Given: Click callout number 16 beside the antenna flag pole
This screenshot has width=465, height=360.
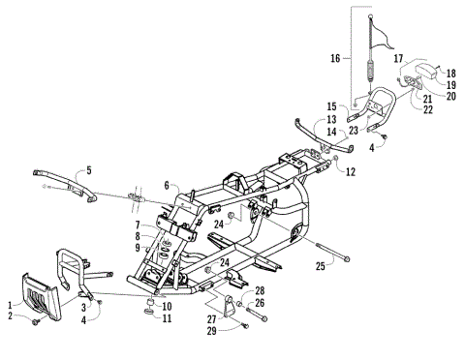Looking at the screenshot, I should pyautogui.click(x=335, y=59).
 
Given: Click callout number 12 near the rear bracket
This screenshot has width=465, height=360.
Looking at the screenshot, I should pyautogui.click(x=351, y=171).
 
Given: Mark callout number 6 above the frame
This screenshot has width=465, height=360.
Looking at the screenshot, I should pyautogui.click(x=166, y=185).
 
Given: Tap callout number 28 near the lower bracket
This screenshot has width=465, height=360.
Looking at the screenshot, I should pyautogui.click(x=260, y=290).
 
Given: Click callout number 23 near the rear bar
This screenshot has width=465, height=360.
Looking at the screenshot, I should pyautogui.click(x=354, y=130).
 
